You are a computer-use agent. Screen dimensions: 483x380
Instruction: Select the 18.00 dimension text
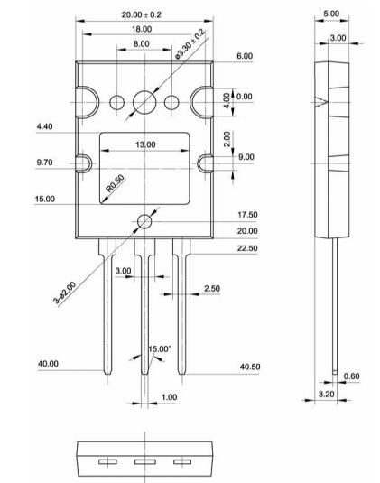click(x=142, y=29)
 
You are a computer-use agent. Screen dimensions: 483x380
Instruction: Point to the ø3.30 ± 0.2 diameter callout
click(x=190, y=45)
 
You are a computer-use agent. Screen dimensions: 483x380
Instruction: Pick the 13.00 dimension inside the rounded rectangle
click(x=144, y=144)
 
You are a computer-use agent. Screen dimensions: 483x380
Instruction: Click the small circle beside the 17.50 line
click(x=145, y=219)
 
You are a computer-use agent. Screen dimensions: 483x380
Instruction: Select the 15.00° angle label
click(x=159, y=348)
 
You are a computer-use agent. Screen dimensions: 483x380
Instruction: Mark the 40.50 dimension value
click(x=251, y=367)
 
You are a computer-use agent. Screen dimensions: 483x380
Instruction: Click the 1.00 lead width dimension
click(x=169, y=397)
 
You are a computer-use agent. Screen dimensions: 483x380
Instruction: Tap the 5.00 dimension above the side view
click(x=330, y=14)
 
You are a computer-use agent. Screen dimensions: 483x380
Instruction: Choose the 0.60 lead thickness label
click(x=354, y=376)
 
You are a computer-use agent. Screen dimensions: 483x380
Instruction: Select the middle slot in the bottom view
click(x=144, y=464)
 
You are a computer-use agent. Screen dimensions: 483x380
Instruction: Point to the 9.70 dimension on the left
click(x=45, y=163)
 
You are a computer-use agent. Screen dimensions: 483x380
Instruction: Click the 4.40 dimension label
click(x=44, y=128)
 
